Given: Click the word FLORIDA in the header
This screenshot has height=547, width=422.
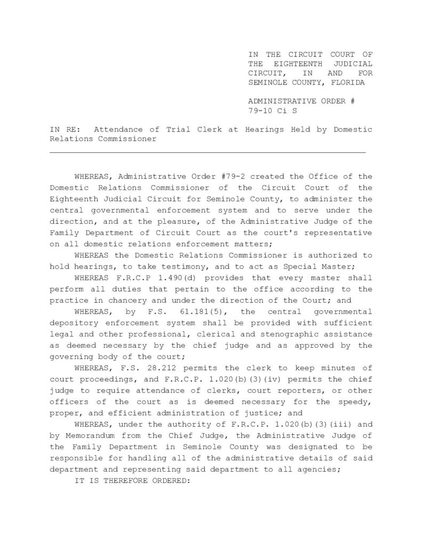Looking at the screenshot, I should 347,83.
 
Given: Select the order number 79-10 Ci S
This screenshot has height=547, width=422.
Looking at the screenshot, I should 272,112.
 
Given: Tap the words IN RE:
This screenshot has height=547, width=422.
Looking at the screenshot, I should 62,130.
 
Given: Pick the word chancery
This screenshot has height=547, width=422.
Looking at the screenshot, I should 110,300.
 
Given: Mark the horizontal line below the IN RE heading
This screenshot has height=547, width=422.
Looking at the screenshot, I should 208,153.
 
